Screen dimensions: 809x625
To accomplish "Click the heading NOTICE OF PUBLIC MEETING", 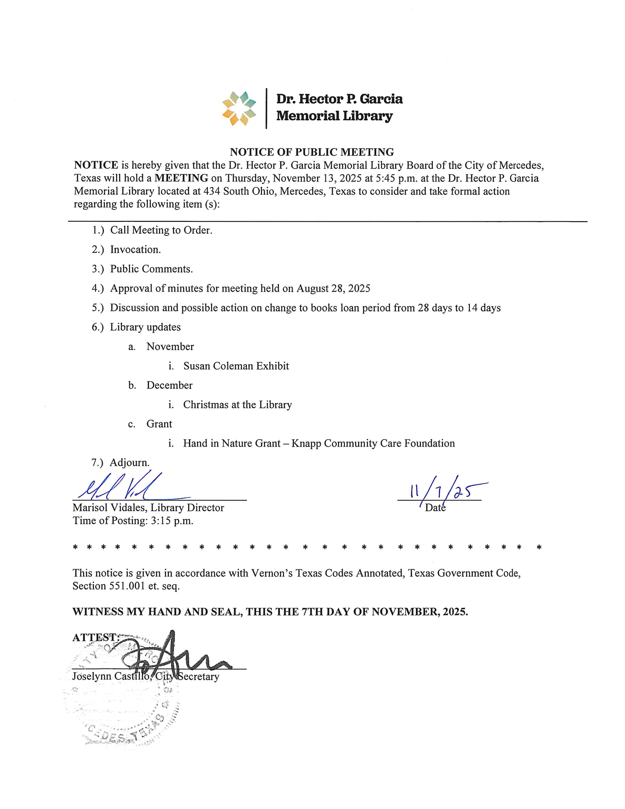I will (x=312, y=152).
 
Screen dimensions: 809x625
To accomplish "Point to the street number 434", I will (x=212, y=191).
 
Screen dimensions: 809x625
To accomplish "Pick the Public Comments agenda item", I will (x=151, y=269).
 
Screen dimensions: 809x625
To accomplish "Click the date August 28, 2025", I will (x=333, y=288).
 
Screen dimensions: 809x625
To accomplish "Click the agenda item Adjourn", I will (x=130, y=463).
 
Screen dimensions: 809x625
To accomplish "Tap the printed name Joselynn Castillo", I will (x=111, y=676).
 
